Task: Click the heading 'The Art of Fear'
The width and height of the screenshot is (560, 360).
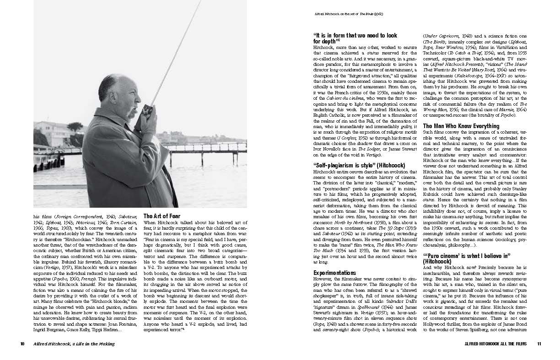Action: click(x=162, y=216)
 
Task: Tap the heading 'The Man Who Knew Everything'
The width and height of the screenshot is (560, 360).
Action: click(x=461, y=126)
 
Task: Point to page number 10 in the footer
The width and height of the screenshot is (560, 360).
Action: click(x=22, y=344)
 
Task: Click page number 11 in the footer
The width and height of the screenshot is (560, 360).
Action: click(x=539, y=344)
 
